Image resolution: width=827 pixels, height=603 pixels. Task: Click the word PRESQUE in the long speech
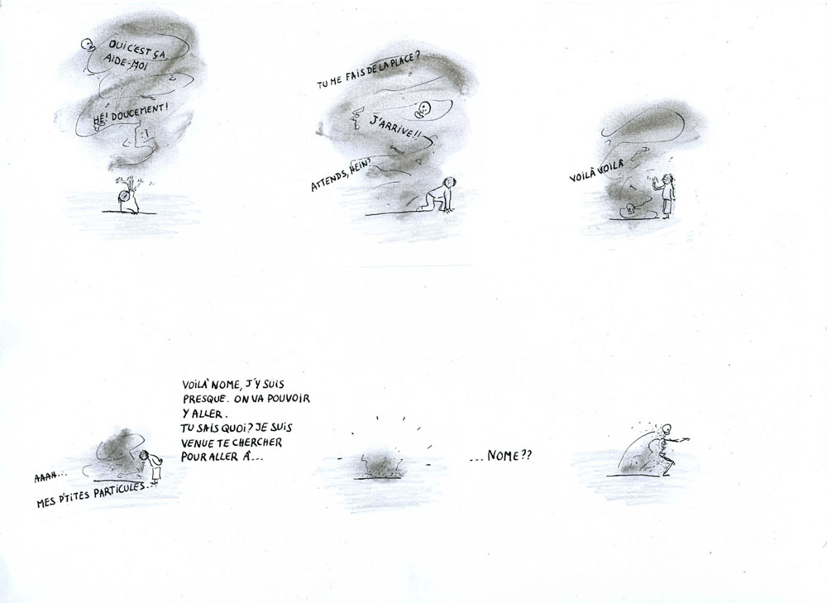tap(203, 398)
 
